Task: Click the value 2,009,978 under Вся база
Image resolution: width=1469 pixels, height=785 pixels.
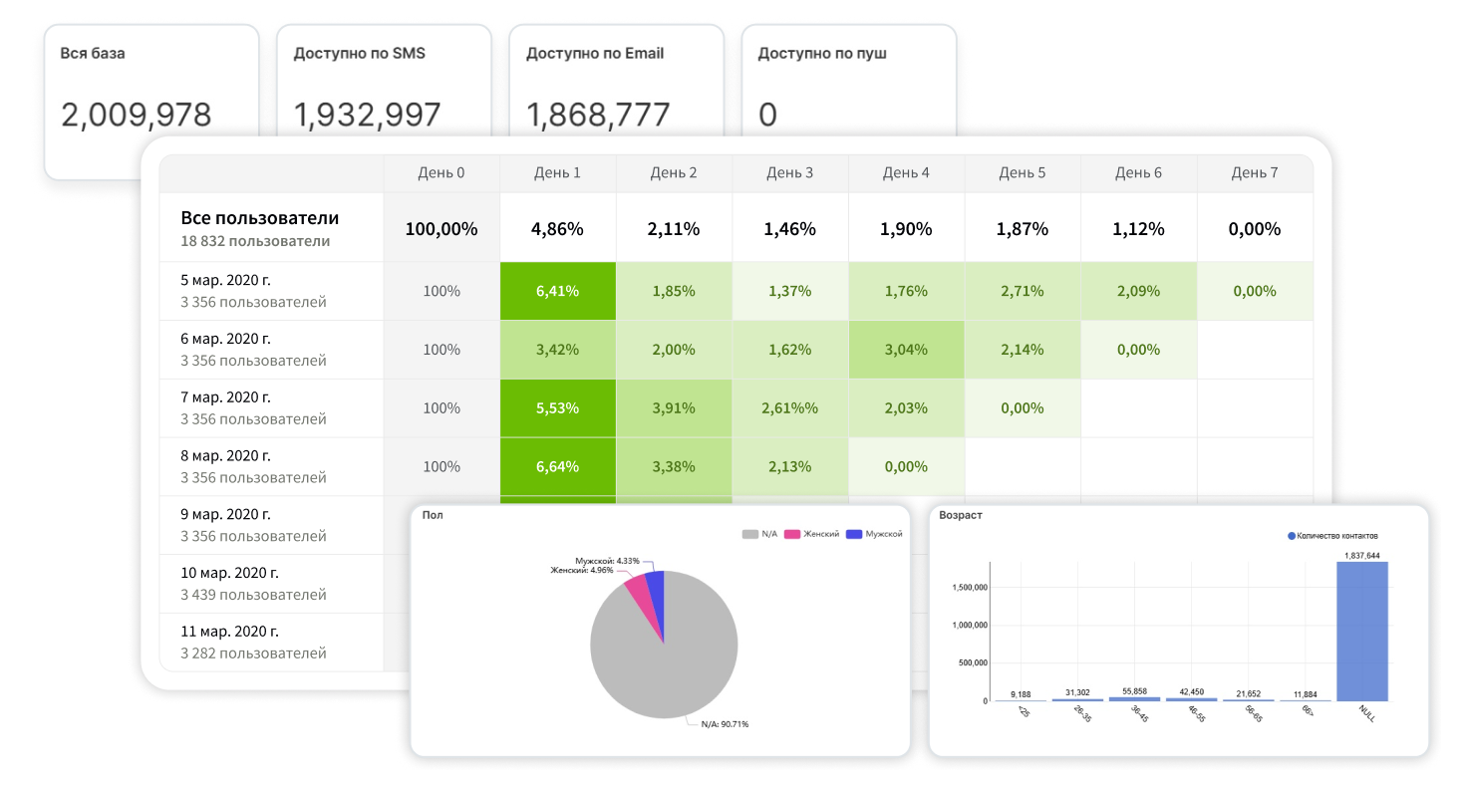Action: [x=137, y=116]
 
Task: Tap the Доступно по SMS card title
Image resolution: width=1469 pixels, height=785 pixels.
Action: [x=359, y=53]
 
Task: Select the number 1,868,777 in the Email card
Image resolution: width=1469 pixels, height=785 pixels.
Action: [x=598, y=116]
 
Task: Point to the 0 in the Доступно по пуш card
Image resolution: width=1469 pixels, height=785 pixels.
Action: [x=767, y=116]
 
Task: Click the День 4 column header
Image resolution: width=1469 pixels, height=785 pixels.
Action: [x=906, y=173]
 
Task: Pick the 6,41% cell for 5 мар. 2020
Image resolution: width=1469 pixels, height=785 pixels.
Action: [x=557, y=291]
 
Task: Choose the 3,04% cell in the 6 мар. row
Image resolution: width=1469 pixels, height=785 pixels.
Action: [x=906, y=350]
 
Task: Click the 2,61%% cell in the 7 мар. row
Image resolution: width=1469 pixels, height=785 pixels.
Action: [x=789, y=408]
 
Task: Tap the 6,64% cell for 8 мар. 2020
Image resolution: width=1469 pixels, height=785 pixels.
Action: [x=557, y=466]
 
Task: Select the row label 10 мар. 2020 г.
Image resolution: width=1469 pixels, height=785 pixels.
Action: [x=230, y=573]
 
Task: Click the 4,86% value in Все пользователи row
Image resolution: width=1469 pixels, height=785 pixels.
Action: [x=557, y=229]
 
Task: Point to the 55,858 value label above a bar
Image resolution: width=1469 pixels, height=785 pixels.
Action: [x=1134, y=691]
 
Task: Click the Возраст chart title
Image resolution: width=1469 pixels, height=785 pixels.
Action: [x=960, y=516]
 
